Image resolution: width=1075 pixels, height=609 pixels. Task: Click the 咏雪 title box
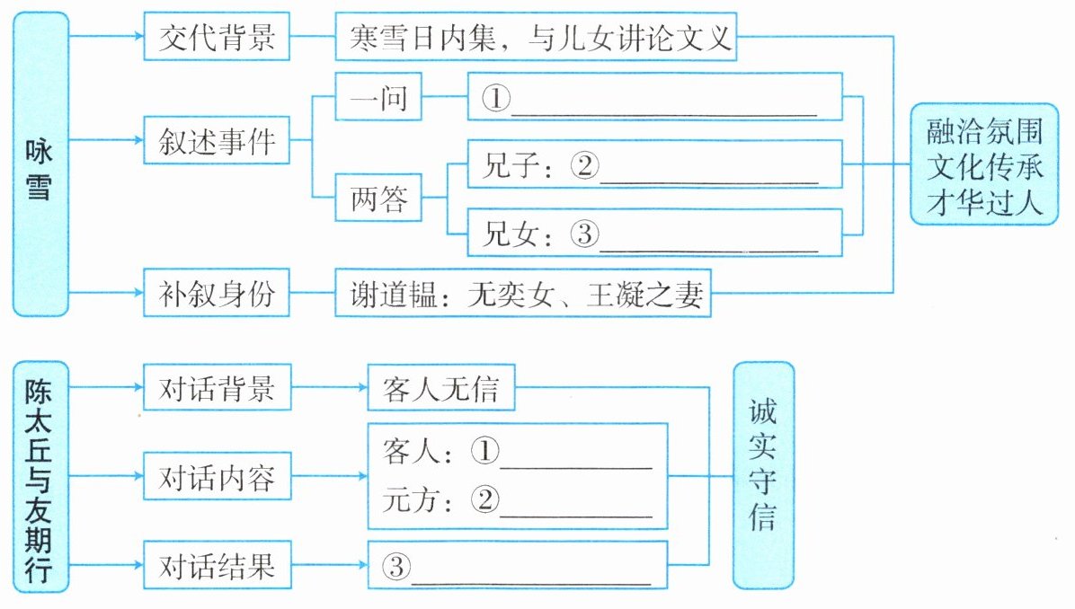point(40,163)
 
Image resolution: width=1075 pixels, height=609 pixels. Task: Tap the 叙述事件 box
point(217,140)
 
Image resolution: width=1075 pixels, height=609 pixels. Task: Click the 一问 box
point(378,96)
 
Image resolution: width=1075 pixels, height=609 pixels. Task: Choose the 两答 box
point(378,200)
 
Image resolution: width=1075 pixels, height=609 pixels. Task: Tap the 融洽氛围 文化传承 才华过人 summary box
point(985,164)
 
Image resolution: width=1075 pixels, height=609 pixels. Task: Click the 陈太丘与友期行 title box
point(40,476)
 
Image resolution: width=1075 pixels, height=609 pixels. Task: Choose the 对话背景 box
point(217,390)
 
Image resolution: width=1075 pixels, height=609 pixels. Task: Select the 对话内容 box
point(217,477)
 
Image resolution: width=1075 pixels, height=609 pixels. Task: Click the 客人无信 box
point(440,390)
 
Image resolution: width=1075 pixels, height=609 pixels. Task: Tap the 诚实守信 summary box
point(763,476)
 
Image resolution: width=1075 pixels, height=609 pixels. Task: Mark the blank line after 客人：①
point(576,459)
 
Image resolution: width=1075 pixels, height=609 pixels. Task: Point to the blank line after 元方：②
point(576,507)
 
